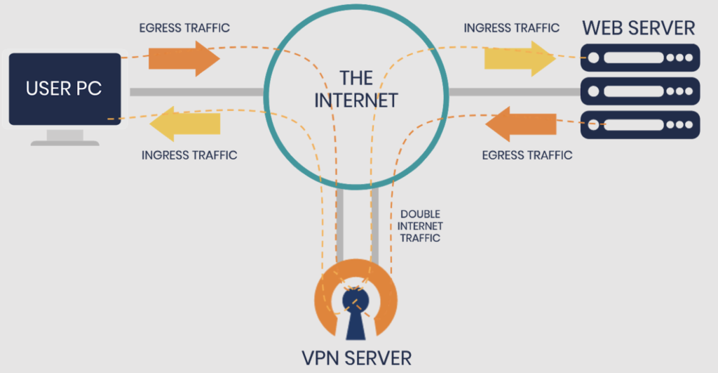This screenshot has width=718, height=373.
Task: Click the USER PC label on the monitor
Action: tap(64, 89)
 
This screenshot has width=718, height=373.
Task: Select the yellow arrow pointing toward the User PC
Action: tap(184, 124)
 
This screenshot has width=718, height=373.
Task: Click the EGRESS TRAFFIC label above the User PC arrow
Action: tap(184, 28)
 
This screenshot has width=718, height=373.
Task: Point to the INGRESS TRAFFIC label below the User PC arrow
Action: tap(189, 155)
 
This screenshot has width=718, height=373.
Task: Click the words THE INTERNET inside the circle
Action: tap(355, 89)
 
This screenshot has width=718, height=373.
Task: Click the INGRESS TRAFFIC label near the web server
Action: tap(512, 28)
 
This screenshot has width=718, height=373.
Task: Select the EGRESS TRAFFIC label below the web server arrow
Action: tap(527, 155)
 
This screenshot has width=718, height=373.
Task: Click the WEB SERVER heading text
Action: tap(639, 28)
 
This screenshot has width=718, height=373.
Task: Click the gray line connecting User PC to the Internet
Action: tap(196, 91)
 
